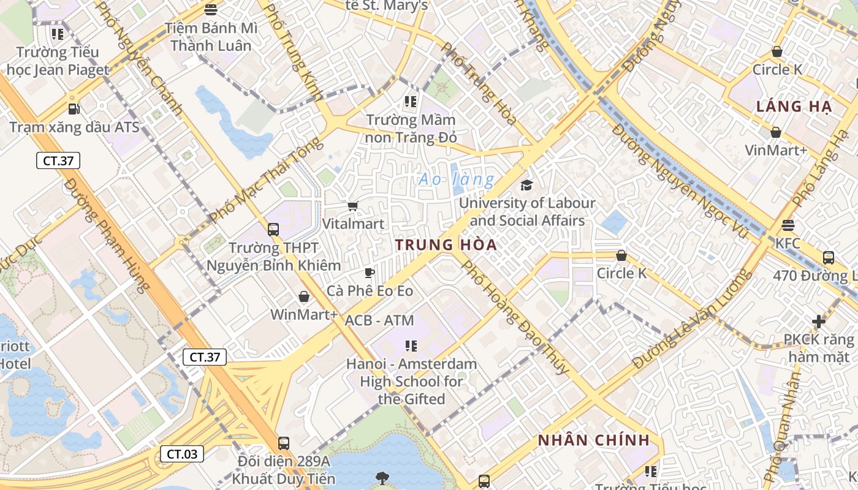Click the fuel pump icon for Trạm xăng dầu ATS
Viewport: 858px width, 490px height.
pos(74,109)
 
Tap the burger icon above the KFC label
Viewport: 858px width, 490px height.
pos(788,225)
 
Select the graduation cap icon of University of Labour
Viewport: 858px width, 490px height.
pos(526,185)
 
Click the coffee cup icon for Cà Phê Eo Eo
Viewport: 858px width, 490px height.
pos(370,273)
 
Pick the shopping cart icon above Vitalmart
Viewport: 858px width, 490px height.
pos(352,206)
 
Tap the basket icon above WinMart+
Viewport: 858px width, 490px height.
pos(303,297)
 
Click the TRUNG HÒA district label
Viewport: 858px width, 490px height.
pos(446,245)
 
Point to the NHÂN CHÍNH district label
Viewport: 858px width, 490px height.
pos(593,440)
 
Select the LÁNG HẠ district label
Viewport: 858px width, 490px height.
pos(794,107)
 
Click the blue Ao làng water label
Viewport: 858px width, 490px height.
pos(457,180)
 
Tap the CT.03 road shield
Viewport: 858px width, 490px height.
pos(182,454)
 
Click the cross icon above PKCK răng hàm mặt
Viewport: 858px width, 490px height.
pos(819,322)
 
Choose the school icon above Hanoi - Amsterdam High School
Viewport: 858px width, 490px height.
pos(411,346)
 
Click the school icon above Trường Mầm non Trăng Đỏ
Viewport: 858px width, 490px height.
pos(411,101)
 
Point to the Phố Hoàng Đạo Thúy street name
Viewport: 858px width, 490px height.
pos(514,317)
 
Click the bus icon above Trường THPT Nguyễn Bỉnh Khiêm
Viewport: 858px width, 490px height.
pos(273,230)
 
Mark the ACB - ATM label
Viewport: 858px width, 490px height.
pos(379,320)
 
